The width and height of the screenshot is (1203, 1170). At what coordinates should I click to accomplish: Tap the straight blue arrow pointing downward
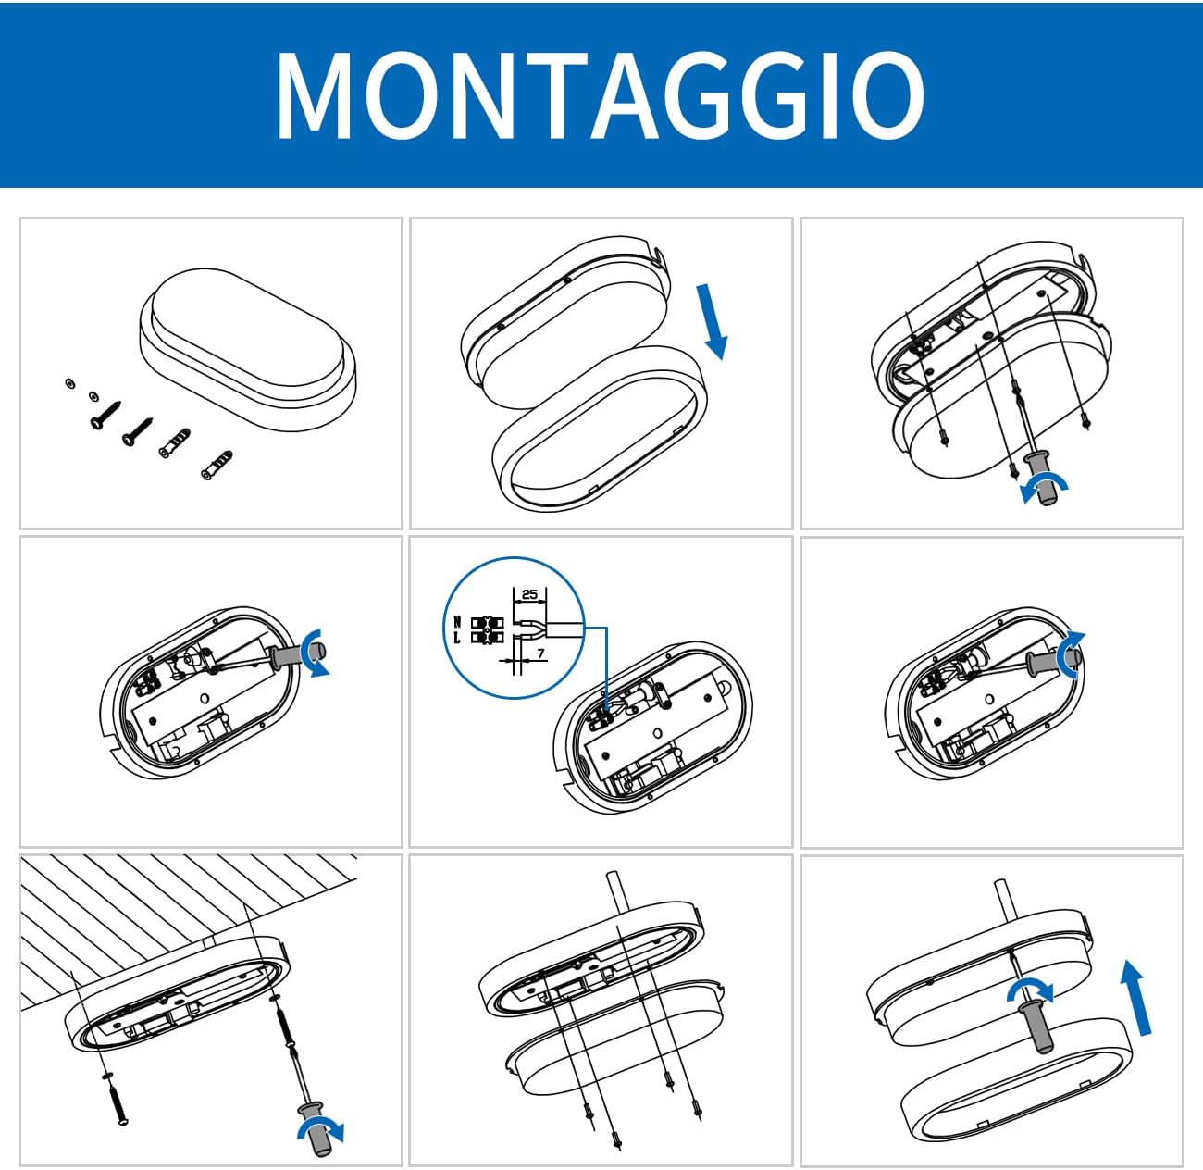point(712,321)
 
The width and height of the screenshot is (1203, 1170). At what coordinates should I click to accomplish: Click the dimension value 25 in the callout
point(530,594)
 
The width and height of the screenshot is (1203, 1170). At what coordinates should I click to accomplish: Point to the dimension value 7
point(541,653)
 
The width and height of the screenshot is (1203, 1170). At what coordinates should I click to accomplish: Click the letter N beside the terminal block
point(457,621)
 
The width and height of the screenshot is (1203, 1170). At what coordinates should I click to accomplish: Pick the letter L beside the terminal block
point(457,637)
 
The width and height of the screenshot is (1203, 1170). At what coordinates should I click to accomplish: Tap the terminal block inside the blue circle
point(487,629)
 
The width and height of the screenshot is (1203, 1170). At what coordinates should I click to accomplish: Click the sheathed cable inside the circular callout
point(564,629)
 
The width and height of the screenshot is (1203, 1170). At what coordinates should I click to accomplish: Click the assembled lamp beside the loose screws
point(248,348)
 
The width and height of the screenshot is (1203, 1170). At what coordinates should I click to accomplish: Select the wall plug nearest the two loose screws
point(176,442)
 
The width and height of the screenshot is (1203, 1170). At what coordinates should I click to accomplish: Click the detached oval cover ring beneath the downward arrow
point(600,429)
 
